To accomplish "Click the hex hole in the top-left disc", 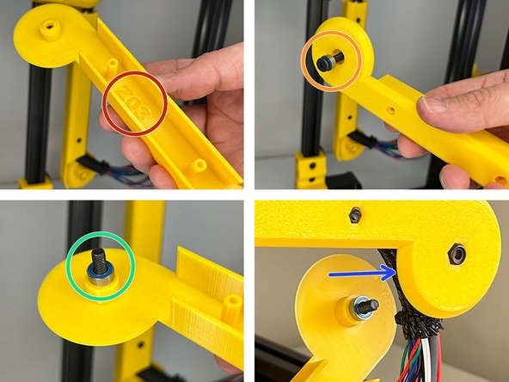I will (x=49, y=28).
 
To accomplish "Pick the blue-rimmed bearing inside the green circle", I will (x=99, y=274).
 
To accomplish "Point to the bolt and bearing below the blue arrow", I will (x=362, y=307).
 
